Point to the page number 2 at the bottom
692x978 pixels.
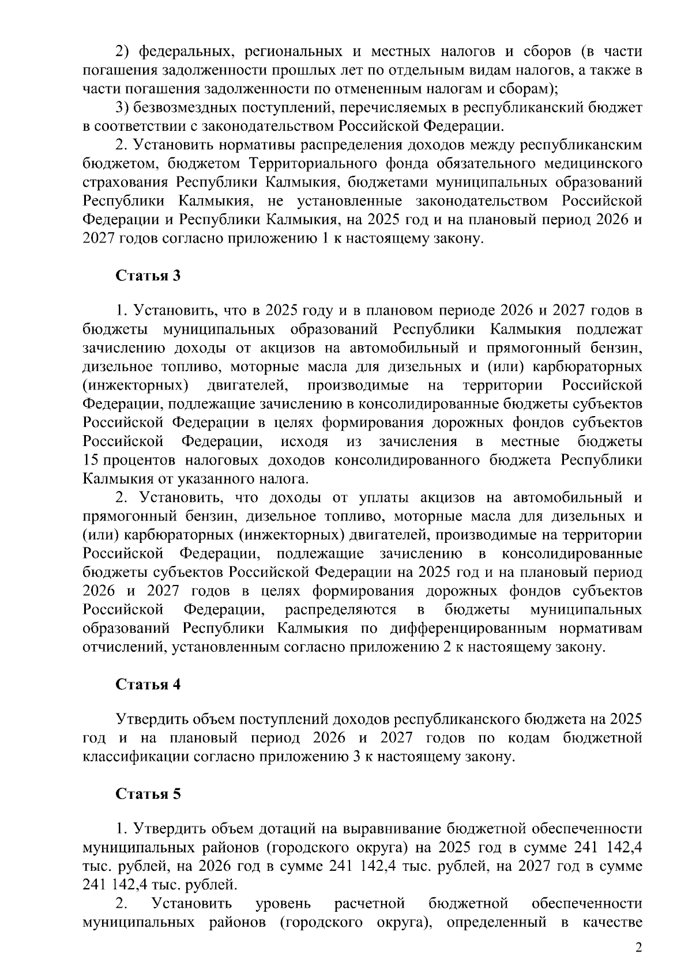(x=638, y=949)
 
